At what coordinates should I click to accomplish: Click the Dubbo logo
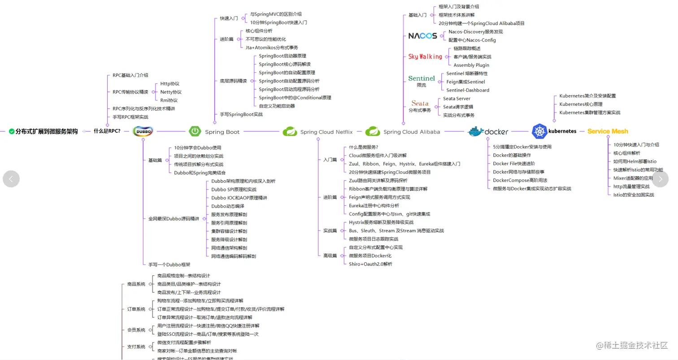[x=143, y=131]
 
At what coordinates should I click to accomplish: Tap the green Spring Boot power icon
[x=195, y=131]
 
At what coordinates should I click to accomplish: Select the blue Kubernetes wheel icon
[x=539, y=131]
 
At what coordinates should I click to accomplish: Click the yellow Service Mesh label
[x=608, y=131]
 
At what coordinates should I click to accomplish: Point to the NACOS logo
[x=422, y=36]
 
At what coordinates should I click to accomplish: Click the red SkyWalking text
[x=425, y=56]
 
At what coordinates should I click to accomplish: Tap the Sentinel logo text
[x=422, y=78]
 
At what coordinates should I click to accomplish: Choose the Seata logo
[x=420, y=103]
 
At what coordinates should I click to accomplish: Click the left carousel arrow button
[x=11, y=179]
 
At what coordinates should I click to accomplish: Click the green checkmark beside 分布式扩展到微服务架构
[x=12, y=132]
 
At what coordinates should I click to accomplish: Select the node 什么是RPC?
[x=107, y=131]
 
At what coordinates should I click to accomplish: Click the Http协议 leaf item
[x=169, y=84]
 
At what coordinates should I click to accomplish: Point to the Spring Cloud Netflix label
[x=326, y=132]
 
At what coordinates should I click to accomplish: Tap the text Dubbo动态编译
[x=228, y=206]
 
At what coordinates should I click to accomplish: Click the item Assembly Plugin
[x=471, y=65]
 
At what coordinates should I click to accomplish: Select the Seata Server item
[x=456, y=99]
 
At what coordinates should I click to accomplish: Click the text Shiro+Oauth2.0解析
[x=370, y=264]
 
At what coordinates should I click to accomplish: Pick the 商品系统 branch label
[x=136, y=284]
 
